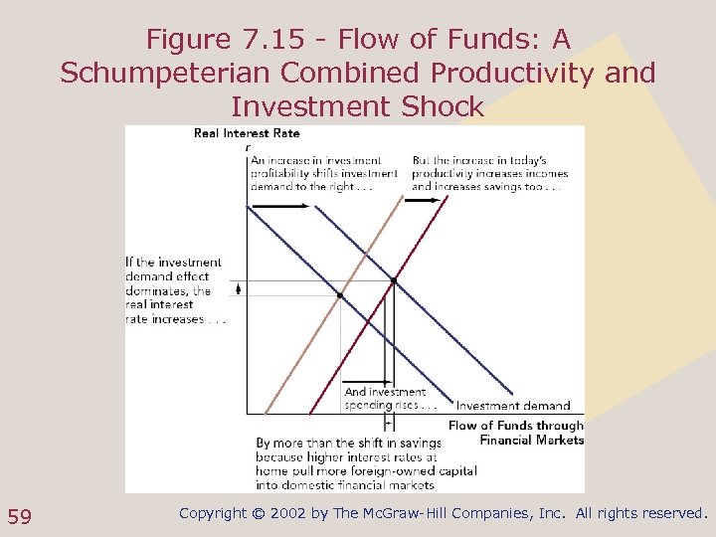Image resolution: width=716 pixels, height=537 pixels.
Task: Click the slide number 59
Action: point(19,515)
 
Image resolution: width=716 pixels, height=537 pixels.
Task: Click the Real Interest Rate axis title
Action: point(247,133)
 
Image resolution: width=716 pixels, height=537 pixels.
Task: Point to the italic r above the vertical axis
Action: point(248,145)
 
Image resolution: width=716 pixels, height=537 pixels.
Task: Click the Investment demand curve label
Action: point(513,406)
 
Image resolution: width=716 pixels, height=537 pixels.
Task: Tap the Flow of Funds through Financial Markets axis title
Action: point(515,433)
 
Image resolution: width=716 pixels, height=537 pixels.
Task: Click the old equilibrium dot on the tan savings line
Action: point(341,295)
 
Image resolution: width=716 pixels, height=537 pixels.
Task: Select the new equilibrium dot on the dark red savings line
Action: point(393,281)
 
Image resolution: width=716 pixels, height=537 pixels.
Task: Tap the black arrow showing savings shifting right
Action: point(423,199)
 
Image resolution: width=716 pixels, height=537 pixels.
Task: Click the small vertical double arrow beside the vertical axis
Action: point(238,288)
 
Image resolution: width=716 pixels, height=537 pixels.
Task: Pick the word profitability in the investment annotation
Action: point(281,173)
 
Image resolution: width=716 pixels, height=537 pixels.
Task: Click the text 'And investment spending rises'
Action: point(389,399)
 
